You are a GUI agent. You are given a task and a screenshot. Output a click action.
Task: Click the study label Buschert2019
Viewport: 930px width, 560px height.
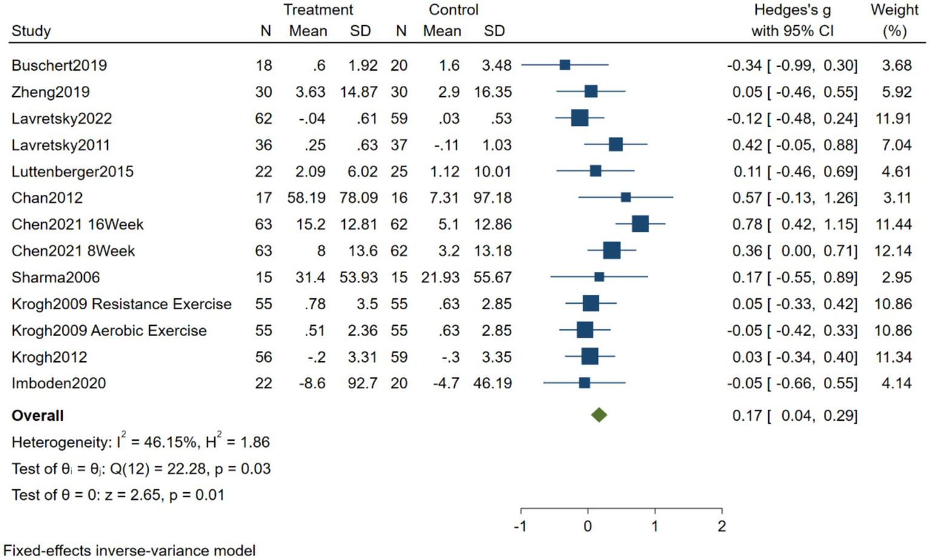[59, 65]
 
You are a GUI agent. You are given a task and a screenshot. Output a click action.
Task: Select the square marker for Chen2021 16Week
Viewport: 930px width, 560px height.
[640, 224]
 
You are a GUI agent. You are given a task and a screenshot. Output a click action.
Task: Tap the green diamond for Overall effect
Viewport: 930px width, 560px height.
[599, 415]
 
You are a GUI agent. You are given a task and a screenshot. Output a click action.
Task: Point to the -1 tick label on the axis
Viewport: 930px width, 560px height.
[520, 526]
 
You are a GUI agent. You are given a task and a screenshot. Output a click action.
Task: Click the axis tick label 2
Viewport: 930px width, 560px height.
[721, 526]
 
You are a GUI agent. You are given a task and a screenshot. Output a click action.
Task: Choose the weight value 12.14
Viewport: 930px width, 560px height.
[893, 251]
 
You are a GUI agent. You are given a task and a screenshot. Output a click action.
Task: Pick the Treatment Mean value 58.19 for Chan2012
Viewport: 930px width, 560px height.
[307, 198]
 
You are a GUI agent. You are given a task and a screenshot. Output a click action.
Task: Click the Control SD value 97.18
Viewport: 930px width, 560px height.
[492, 198]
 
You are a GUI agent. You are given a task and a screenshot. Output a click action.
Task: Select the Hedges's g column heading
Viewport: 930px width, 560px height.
[792, 10]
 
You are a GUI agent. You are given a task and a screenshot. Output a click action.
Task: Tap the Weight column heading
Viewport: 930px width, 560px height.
[894, 10]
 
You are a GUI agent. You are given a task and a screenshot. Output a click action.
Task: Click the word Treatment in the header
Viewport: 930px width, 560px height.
[318, 10]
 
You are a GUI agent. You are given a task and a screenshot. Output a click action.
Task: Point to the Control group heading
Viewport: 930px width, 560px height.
[453, 10]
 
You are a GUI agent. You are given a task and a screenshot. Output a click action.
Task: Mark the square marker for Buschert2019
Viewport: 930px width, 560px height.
[565, 65]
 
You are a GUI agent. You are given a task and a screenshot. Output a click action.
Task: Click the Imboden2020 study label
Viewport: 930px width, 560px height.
[58, 383]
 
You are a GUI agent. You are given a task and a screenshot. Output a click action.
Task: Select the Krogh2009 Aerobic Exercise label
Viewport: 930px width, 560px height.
[109, 331]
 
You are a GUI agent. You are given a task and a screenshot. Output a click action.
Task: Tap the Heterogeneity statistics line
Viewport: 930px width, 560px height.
[140, 442]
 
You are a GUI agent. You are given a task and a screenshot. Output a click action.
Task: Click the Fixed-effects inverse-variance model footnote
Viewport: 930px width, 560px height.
[129, 550]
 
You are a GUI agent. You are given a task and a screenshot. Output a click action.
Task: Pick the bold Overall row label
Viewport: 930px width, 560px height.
[38, 415]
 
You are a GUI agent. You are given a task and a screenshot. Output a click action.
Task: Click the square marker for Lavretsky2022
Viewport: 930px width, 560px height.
[579, 118]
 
